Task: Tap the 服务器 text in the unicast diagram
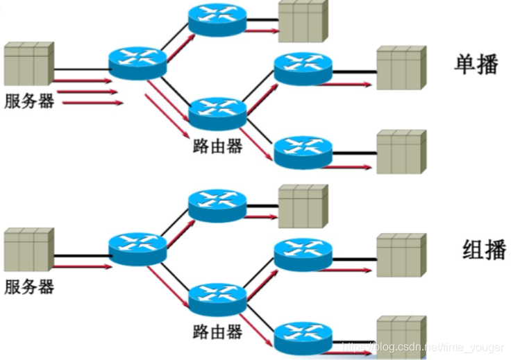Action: (29, 101)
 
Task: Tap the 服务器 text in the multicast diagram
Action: (29, 286)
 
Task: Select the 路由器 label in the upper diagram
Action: (217, 146)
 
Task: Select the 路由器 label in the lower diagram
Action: (217, 332)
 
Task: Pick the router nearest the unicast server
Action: (137, 61)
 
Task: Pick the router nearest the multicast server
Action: (137, 248)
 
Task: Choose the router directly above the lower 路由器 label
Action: (217, 298)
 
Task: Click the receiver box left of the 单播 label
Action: (401, 68)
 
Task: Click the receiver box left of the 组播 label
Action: (401, 255)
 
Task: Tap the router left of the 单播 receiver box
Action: (303, 68)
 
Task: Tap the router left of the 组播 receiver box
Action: (303, 255)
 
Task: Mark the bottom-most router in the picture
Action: (303, 337)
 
